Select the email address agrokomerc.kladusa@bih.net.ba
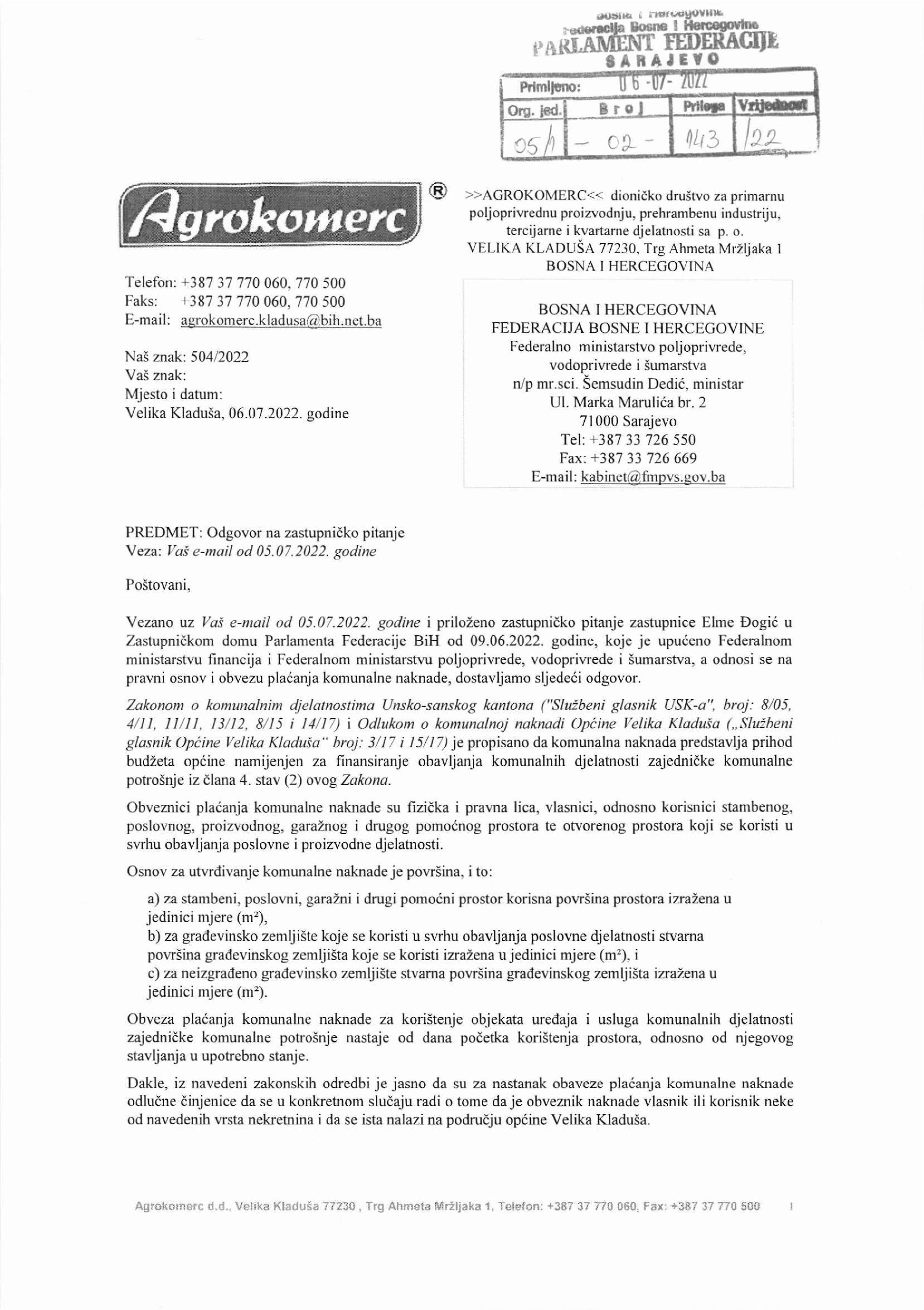click(x=281, y=321)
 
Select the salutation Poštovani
click(x=158, y=585)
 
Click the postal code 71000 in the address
click(x=599, y=422)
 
